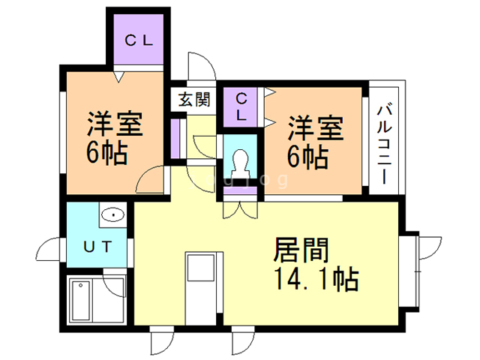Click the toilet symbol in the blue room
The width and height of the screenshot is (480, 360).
coord(241,161)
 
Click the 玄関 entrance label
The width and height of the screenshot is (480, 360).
coord(194,99)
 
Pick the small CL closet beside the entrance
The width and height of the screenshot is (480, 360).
coord(241,107)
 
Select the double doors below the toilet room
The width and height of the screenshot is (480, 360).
coord(240,205)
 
